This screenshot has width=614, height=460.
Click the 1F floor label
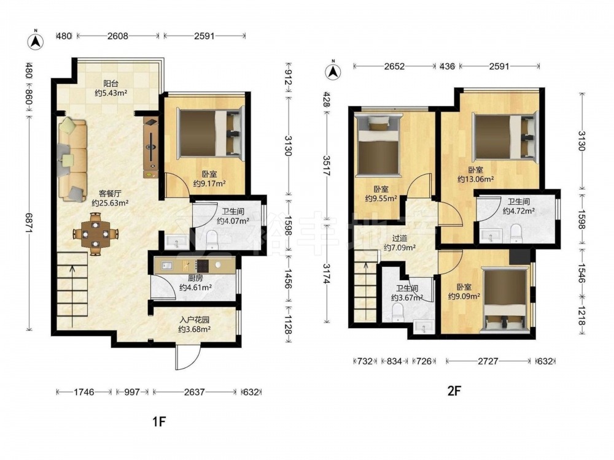coord(160,422)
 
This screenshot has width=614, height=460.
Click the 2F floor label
coord(454,390)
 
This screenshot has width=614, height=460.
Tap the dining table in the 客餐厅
coord(95,234)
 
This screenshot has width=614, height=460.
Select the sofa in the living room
coord(73,159)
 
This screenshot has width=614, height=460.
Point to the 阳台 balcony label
coord(111,83)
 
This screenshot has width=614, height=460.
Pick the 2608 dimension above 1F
coord(117,36)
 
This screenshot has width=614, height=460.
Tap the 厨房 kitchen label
coord(195,278)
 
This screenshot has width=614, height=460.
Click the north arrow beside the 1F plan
coord(35,41)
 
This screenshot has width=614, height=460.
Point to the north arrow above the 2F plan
coord(333,71)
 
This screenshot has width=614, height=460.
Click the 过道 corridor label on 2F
coord(400,238)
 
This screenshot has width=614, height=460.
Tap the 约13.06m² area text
coord(475,179)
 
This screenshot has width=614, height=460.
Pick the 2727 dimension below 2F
coord(488,361)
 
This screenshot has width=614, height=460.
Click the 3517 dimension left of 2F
coord(326,166)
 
